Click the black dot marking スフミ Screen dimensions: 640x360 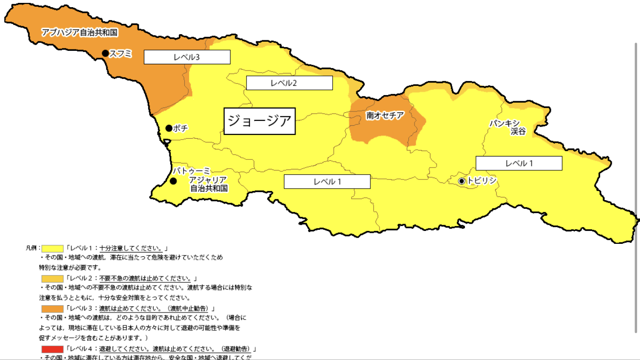click(106, 53)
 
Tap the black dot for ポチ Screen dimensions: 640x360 click(169, 128)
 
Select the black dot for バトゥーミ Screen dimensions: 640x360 click(173, 181)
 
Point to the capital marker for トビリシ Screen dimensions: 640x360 click(462, 181)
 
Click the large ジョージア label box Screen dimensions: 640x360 click(260, 120)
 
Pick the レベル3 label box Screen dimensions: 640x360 click(187, 57)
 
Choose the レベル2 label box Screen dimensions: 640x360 click(289, 83)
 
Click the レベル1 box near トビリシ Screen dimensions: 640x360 click(519, 163)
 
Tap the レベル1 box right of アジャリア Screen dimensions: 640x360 click(327, 181)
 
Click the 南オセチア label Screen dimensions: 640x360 click(385, 115)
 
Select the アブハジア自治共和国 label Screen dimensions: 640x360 click(80, 33)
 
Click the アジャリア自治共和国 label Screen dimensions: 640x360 click(209, 184)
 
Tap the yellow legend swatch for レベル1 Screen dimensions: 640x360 click(52, 249)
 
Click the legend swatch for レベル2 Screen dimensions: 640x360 click(52, 278)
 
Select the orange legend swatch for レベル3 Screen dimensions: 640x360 click(52, 308)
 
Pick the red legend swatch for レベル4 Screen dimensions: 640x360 click(52, 349)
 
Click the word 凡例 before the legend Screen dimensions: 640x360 click(31, 249)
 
